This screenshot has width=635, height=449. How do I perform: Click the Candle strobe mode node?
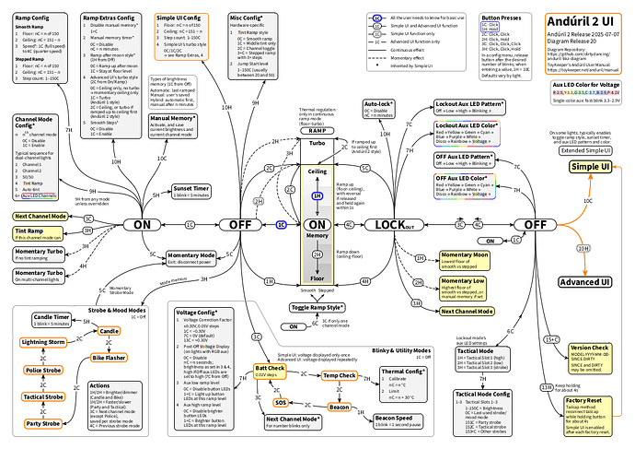point(109,330)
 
